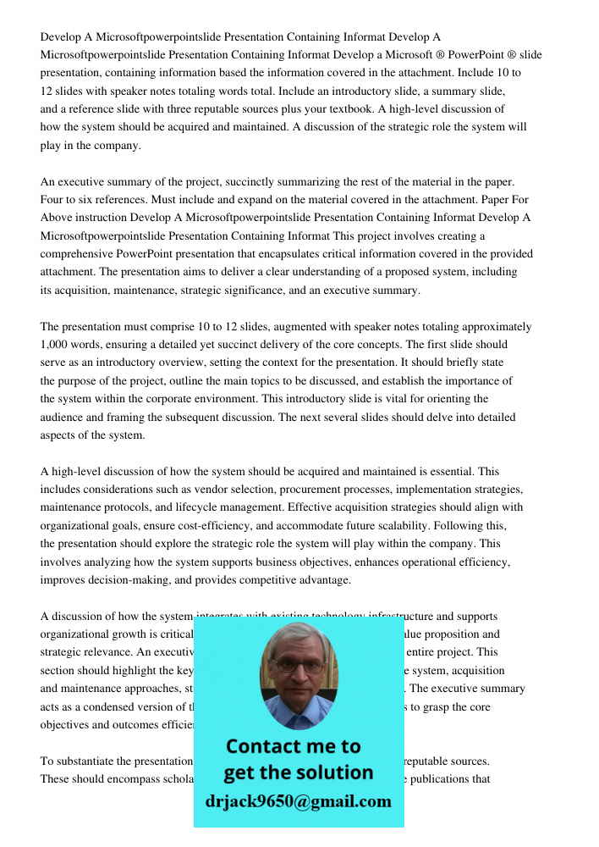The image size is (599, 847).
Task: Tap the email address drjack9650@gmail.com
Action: (x=298, y=801)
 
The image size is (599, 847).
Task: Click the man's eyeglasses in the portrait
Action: (x=299, y=667)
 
